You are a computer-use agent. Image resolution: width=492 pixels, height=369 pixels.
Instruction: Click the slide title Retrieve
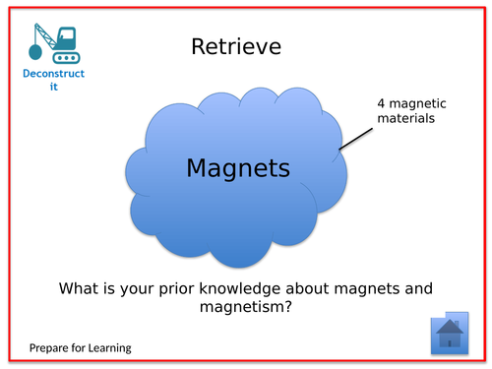tap(236, 47)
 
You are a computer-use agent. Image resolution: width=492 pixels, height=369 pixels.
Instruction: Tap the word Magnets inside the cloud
tap(238, 168)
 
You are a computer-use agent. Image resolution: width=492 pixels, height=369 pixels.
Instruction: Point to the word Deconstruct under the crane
tap(55, 75)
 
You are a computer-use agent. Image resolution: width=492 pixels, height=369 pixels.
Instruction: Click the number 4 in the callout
tap(380, 104)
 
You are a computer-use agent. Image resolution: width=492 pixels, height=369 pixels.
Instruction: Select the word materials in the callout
tap(403, 120)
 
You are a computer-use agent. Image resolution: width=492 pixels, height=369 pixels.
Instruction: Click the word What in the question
tap(82, 288)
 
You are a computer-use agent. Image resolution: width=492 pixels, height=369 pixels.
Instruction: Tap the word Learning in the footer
tap(108, 348)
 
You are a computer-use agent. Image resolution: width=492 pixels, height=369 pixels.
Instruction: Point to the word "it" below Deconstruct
tap(55, 88)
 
